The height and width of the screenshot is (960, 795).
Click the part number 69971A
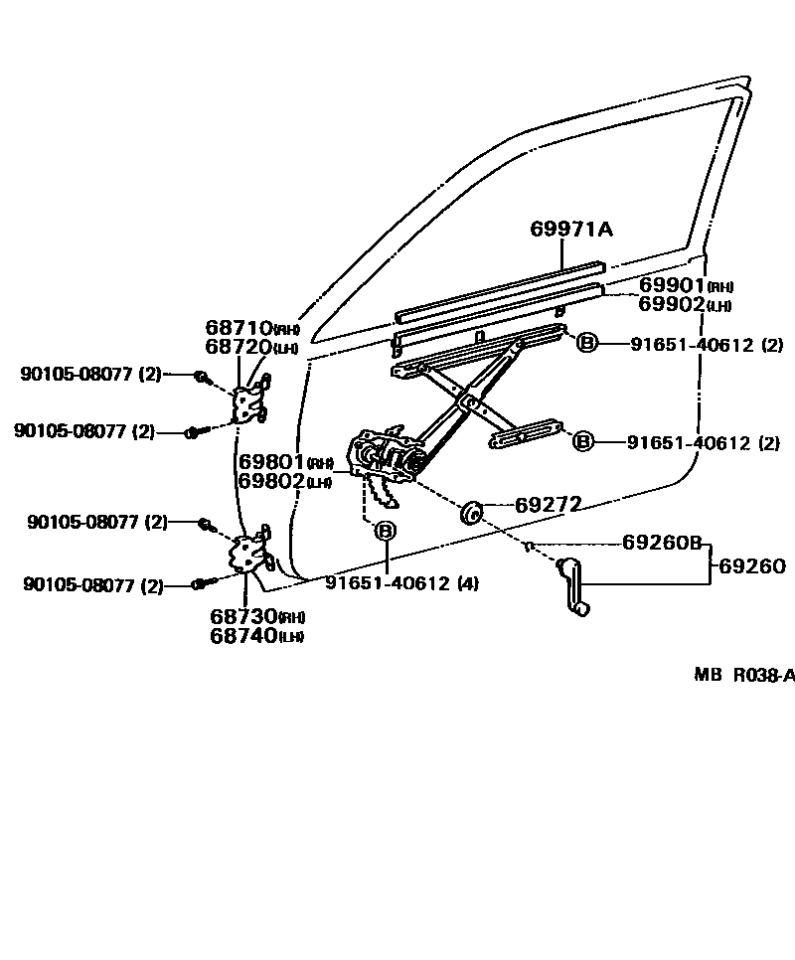click(x=570, y=231)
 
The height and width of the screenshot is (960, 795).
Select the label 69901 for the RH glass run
click(x=672, y=286)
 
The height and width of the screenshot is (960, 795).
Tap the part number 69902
click(x=672, y=304)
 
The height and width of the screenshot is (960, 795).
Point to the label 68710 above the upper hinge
click(x=238, y=328)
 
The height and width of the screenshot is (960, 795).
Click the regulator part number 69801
click(x=270, y=463)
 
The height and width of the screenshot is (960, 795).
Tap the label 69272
click(x=548, y=505)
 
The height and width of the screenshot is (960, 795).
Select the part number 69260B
click(x=662, y=543)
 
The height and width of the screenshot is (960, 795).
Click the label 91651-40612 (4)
click(x=401, y=583)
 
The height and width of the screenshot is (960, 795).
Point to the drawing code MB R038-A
click(x=743, y=676)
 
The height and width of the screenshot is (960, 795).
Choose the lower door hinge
click(x=248, y=554)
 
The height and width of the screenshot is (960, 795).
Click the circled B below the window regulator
click(x=385, y=532)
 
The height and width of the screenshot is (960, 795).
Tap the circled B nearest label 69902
click(x=586, y=344)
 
